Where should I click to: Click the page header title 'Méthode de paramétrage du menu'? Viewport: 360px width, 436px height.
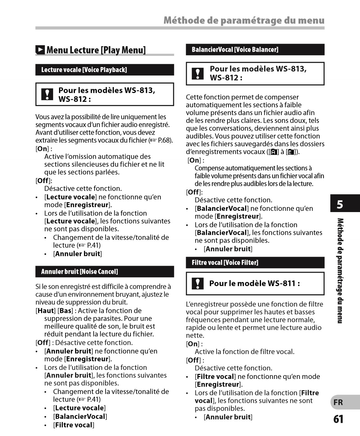point(244,21)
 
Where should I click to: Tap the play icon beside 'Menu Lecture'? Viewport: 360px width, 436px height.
point(40,50)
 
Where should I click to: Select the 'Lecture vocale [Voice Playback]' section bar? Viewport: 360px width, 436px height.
point(105,70)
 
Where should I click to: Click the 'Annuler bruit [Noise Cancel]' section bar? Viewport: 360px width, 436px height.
point(105,272)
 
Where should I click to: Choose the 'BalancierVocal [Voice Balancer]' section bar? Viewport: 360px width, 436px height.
point(255,50)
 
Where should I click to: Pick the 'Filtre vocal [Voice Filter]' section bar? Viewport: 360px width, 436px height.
point(255,263)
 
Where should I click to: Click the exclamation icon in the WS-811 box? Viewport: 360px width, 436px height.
point(197,283)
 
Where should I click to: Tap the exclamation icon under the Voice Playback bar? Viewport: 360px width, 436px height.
point(47,94)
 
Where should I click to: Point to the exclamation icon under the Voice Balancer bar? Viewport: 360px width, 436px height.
point(197,74)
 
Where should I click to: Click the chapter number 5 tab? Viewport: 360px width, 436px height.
point(340,205)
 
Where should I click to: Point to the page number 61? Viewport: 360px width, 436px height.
point(338,419)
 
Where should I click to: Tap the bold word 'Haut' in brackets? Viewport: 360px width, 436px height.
point(46,311)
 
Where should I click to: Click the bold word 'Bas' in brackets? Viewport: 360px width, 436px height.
point(66,311)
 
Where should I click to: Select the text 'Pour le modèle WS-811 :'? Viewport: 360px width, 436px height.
point(254,283)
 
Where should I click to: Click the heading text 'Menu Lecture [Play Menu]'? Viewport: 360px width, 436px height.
point(96,50)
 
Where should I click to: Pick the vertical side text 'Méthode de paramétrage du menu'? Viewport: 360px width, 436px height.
point(340,270)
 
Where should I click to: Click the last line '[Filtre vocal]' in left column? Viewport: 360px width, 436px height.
point(74,425)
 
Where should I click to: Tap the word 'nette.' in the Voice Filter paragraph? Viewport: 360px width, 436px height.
point(195,336)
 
